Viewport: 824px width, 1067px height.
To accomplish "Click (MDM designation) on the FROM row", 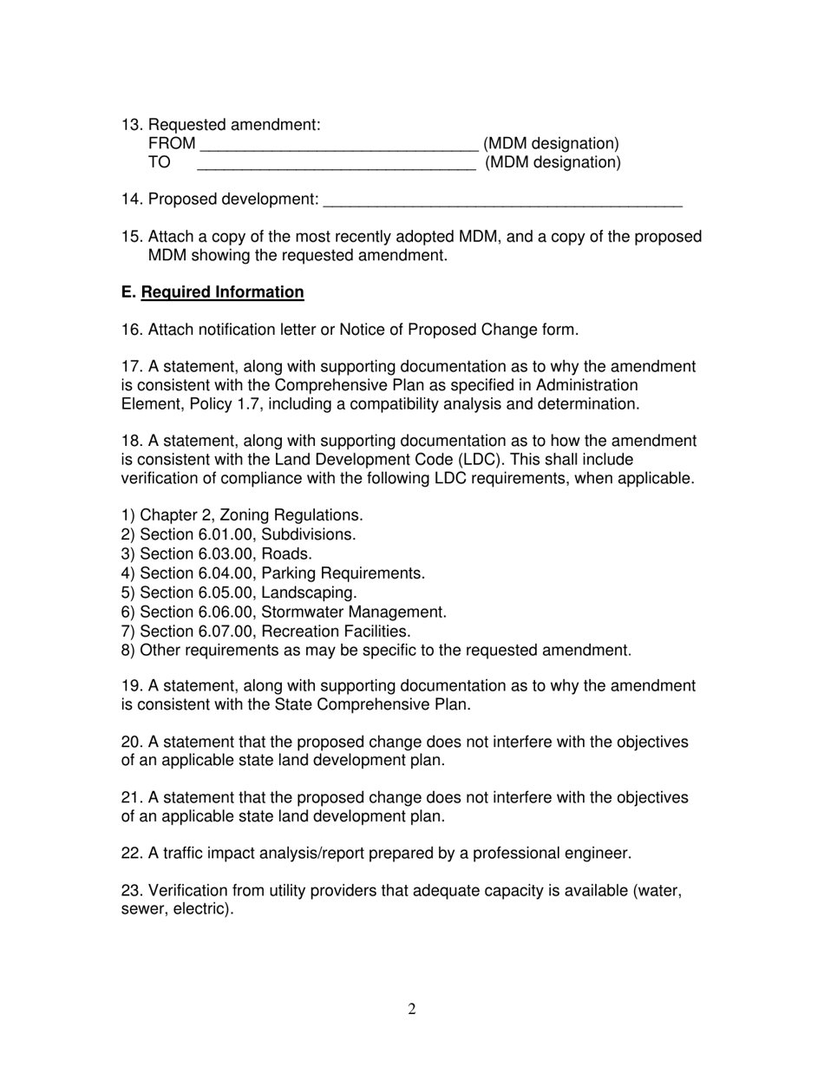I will pyautogui.click(x=551, y=143).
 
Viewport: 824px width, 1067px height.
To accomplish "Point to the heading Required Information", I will pyautogui.click(x=222, y=292).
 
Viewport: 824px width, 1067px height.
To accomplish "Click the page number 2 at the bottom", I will pyautogui.click(x=412, y=1009).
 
